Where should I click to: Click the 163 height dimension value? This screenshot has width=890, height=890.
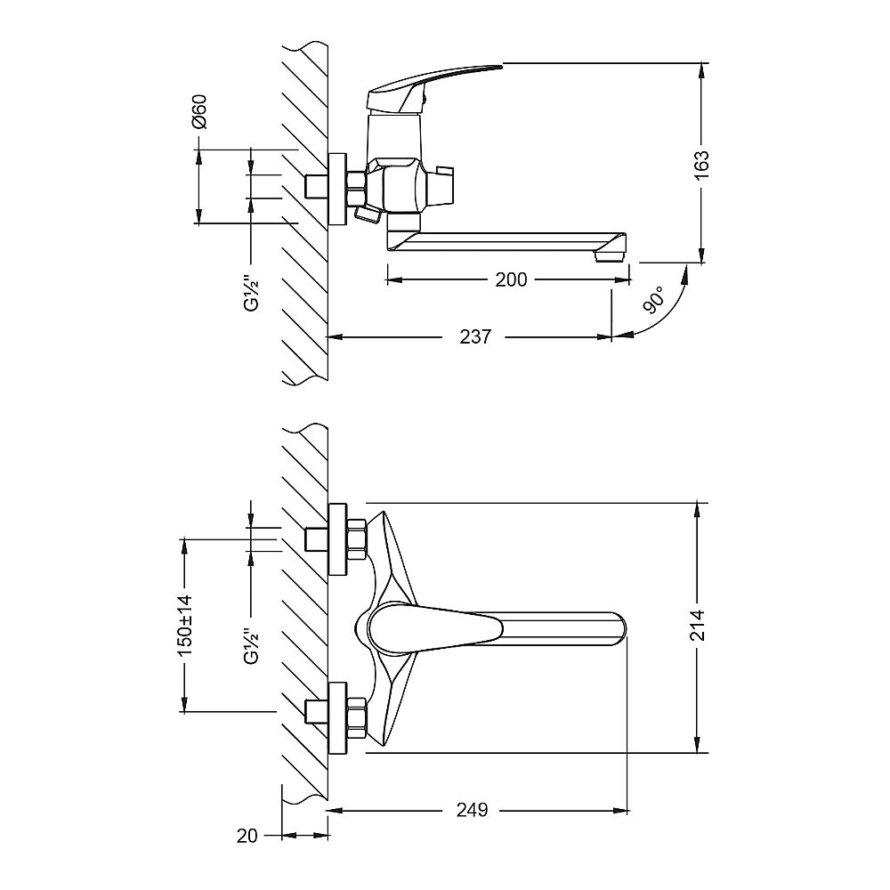pyautogui.click(x=702, y=164)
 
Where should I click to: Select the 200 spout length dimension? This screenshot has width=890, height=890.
pyautogui.click(x=511, y=279)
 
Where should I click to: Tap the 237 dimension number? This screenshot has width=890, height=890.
pyautogui.click(x=474, y=336)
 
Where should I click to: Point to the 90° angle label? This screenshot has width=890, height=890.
pyautogui.click(x=654, y=300)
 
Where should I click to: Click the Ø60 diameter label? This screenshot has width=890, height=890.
pyautogui.click(x=199, y=112)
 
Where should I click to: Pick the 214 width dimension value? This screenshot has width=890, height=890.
pyautogui.click(x=698, y=625)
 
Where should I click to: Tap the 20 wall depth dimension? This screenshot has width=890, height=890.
pyautogui.click(x=247, y=836)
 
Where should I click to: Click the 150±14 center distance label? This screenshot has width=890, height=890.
pyautogui.click(x=185, y=625)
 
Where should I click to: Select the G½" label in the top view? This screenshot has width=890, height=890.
pyautogui.click(x=250, y=293)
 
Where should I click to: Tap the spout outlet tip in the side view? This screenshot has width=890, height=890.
pyautogui.click(x=610, y=256)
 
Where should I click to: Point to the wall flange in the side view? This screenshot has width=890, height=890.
pyautogui.click(x=337, y=189)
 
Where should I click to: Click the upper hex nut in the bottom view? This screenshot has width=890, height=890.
pyautogui.click(x=357, y=539)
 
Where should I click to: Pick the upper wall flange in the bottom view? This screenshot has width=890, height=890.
pyautogui.click(x=337, y=538)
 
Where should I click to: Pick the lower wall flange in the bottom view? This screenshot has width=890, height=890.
pyautogui.click(x=337, y=718)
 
